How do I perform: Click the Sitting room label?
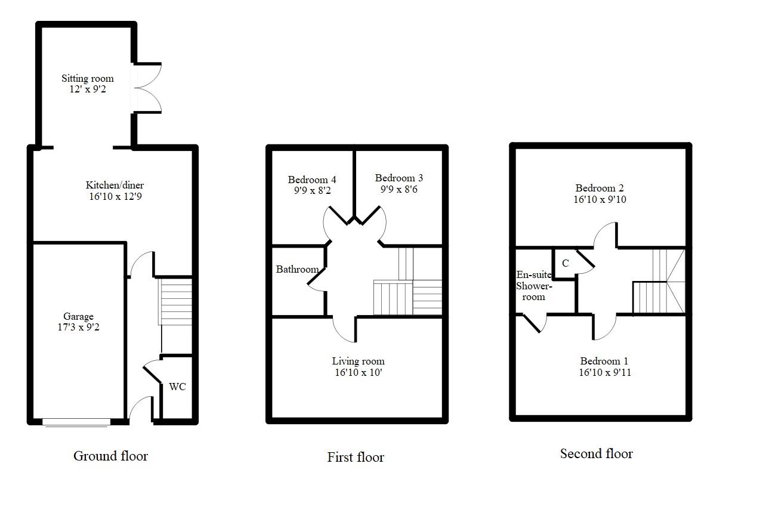pyautogui.click(x=88, y=78)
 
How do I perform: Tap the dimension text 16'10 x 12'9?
pyautogui.click(x=115, y=196)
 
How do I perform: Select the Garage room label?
pyautogui.click(x=78, y=316)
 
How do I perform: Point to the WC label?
pyautogui.click(x=177, y=387)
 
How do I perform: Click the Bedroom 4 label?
pyautogui.click(x=312, y=180)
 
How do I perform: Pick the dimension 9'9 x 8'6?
pyautogui.click(x=399, y=189)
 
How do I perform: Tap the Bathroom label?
pyautogui.click(x=297, y=269)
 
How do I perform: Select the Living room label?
pyautogui.click(x=359, y=361)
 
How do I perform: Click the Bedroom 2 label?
pyautogui.click(x=600, y=188)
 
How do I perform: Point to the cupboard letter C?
pyautogui.click(x=566, y=263)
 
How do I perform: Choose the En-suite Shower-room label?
pyautogui.click(x=534, y=286)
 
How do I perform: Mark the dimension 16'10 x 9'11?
pyautogui.click(x=605, y=372)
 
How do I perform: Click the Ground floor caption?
pyautogui.click(x=110, y=456)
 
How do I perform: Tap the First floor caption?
pyautogui.click(x=356, y=458)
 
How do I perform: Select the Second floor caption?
pyautogui.click(x=597, y=453)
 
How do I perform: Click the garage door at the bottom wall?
pyautogui.click(x=76, y=422)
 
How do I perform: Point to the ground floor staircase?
pyautogui.click(x=175, y=302)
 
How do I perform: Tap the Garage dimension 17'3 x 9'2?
pyautogui.click(x=78, y=328)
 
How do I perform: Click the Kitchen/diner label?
pyautogui.click(x=115, y=185)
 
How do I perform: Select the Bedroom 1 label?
pyautogui.click(x=604, y=361)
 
